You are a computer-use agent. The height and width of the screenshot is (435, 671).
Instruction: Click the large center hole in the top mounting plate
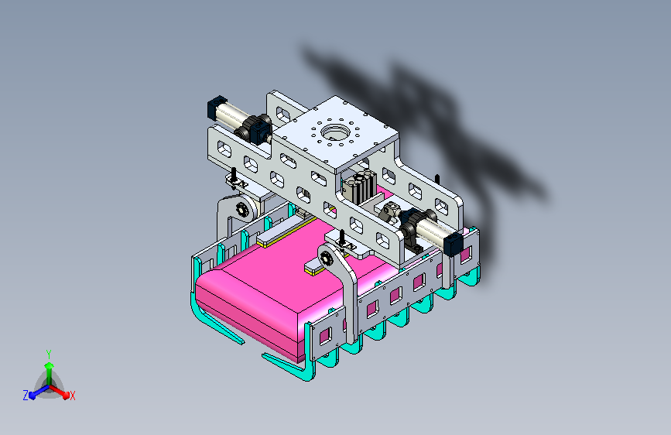point(336,132)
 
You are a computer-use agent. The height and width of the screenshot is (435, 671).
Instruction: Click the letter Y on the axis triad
point(49,355)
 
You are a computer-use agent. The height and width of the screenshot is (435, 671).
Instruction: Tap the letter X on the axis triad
point(72,396)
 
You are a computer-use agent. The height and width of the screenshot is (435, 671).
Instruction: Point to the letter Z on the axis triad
point(26,396)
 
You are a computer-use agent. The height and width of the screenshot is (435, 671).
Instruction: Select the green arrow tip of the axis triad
point(50,365)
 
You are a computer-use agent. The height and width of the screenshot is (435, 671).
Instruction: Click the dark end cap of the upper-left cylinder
point(217,108)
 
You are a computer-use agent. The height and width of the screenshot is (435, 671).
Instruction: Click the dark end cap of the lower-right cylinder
point(454,245)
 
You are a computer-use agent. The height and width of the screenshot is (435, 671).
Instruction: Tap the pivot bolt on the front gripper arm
point(327,259)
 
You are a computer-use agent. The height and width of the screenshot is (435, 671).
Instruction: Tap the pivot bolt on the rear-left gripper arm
point(242,209)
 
